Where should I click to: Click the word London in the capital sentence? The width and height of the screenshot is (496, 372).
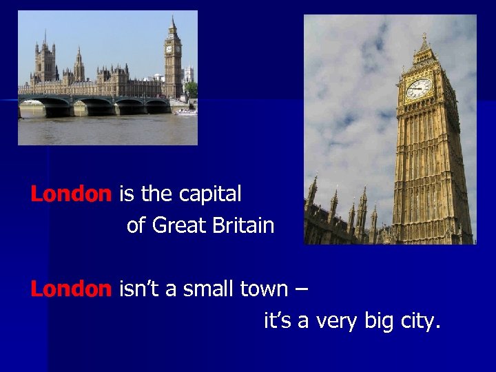(70, 195)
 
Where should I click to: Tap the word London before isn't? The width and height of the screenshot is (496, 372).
(70, 289)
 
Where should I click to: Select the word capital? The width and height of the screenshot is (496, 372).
(210, 196)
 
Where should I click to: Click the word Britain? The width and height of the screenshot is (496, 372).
(241, 225)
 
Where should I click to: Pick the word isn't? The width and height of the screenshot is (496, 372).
(141, 289)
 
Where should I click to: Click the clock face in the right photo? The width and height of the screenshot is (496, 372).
(418, 88)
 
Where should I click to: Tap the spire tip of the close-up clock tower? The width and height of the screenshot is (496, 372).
(424, 34)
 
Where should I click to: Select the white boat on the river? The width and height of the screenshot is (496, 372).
(186, 112)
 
